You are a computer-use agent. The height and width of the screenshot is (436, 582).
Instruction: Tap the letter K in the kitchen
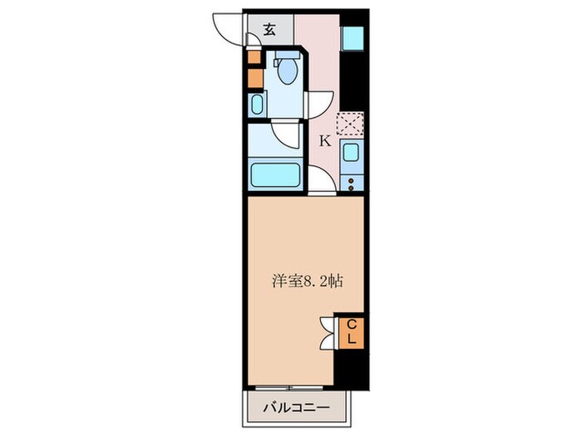click(x=325, y=140)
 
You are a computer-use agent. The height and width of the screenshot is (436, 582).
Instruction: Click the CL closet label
click(x=352, y=331)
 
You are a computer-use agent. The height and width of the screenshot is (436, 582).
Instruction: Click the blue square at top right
click(x=353, y=38)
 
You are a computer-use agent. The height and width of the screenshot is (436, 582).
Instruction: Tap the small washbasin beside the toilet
click(x=256, y=105)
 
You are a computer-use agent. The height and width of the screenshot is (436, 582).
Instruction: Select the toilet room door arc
click(x=318, y=104)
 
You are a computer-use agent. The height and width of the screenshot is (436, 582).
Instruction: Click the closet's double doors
click(x=326, y=331)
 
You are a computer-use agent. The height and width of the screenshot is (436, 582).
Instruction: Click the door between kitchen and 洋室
click(x=321, y=181)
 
